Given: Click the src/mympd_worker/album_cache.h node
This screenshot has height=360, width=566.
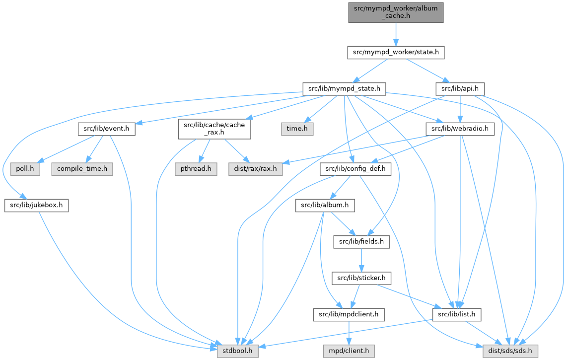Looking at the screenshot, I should tap(395, 11).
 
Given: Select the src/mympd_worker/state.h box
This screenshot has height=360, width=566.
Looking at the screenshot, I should tap(395, 52).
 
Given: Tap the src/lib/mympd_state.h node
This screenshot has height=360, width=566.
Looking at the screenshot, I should tap(344, 89).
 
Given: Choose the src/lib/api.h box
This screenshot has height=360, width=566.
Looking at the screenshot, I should tap(460, 89).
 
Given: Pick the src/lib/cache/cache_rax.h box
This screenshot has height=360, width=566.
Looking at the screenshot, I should tap(214, 129).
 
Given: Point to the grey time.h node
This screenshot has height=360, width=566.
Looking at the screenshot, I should tap(297, 129).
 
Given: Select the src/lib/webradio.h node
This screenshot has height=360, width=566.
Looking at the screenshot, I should tap(460, 129).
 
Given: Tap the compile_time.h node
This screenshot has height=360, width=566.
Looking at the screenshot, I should tap(82, 168).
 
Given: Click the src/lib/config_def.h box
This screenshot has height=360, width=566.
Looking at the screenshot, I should tap(356, 169).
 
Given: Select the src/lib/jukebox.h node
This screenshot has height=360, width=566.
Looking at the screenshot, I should tap(36, 205).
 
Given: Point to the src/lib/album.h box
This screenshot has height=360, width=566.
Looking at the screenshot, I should tap(322, 205).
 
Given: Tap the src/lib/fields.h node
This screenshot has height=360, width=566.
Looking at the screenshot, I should tap(361, 242).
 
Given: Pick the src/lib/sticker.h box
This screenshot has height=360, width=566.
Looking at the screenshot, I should tap(361, 278).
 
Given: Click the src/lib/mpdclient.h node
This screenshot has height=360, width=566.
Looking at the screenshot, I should tap(349, 314).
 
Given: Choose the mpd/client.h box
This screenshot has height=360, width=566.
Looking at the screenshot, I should tap(349, 351).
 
